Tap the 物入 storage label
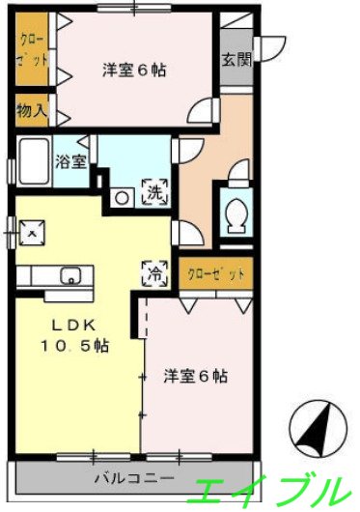pyautogui.click(x=31, y=110)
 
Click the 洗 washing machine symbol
pyautogui.click(x=154, y=191)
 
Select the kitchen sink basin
pyautogui.click(x=69, y=275)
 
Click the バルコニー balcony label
pyautogui.click(x=134, y=478)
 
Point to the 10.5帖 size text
pyautogui.click(x=72, y=346)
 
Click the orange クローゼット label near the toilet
pyautogui.click(x=215, y=274)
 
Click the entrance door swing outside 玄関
pyautogui.click(x=273, y=43)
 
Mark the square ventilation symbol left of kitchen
pyautogui.click(x=34, y=233)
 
